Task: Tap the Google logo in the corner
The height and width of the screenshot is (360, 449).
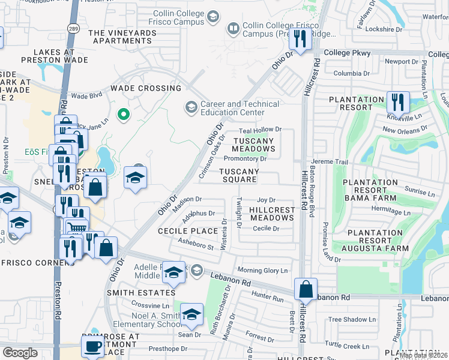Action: (20, 352)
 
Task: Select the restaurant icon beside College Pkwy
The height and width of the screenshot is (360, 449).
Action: (299, 38)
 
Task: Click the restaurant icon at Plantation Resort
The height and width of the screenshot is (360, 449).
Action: (397, 102)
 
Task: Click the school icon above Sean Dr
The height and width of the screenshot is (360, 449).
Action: (191, 314)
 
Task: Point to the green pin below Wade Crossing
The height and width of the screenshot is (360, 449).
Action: (124, 113)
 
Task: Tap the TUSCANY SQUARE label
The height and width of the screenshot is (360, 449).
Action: (239, 175)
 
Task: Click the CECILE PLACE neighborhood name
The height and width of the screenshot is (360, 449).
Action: (187, 231)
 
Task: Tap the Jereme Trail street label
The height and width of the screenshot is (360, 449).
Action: (330, 162)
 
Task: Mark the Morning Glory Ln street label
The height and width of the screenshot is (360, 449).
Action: (262, 271)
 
